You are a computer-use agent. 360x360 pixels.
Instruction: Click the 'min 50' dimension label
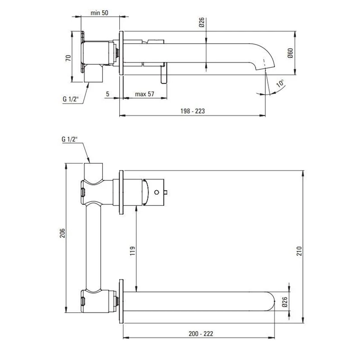tap(99, 13)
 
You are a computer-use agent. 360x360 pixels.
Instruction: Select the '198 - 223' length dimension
tap(193, 111)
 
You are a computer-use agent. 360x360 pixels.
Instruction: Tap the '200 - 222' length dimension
tap(201, 333)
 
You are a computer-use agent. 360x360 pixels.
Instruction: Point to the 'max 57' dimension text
tap(144, 94)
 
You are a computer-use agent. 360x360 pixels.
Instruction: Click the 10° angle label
tap(280, 83)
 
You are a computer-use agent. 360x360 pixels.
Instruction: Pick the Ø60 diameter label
tap(290, 53)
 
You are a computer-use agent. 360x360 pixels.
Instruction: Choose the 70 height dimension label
tap(68, 58)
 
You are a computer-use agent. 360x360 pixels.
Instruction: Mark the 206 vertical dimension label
tap(63, 233)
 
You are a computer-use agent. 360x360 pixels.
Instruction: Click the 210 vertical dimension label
tap(299, 251)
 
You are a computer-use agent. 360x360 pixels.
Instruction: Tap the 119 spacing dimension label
tap(133, 251)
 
